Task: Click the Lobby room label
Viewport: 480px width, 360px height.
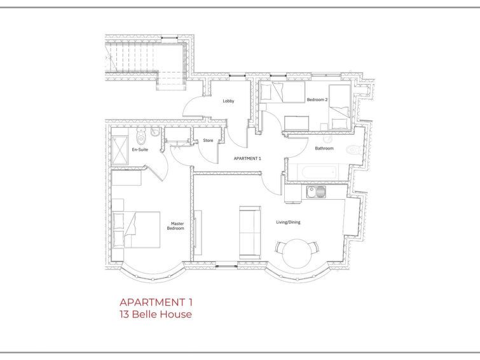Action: pos(228,100)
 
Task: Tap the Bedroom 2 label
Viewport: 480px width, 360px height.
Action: pos(317,100)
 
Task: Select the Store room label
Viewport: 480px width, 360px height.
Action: pos(208,141)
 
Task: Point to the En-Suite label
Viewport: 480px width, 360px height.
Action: pos(140,149)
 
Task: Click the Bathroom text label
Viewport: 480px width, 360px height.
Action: pos(324,148)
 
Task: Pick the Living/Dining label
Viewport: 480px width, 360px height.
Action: pos(288,222)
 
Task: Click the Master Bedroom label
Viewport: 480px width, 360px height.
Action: pos(175,226)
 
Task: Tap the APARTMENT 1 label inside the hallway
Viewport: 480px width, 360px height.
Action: pos(247,158)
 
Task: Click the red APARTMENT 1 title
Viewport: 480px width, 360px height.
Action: pos(156,302)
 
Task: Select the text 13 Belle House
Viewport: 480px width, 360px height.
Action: pos(156,314)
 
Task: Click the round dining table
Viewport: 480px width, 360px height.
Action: pos(297,253)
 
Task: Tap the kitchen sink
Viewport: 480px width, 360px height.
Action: pos(316,192)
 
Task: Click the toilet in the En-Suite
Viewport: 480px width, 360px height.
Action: pos(141,136)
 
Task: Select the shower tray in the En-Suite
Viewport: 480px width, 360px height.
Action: pos(120,151)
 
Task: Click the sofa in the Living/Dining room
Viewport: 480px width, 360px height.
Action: pos(250,233)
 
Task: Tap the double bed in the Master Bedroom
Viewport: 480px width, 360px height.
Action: pos(137,230)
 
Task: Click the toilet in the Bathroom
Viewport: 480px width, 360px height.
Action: pos(354,150)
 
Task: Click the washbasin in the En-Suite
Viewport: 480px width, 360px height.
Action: pos(155,132)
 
